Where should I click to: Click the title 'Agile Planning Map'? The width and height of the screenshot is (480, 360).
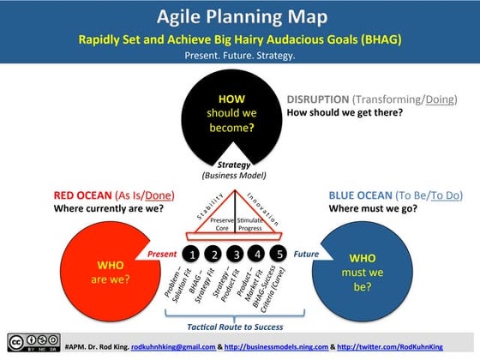click(x=240, y=17)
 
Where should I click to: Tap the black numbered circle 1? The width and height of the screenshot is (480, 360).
click(x=193, y=255)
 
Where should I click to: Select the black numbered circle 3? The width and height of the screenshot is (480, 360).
click(x=236, y=255)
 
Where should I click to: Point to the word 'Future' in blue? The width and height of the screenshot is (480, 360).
click(x=307, y=255)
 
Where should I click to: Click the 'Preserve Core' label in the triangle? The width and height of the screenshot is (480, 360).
click(x=223, y=225)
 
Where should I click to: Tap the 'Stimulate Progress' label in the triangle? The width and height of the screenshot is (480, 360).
click(x=251, y=225)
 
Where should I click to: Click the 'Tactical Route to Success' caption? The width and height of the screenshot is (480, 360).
click(x=236, y=327)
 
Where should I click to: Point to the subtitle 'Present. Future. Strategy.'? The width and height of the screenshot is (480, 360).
click(x=240, y=55)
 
